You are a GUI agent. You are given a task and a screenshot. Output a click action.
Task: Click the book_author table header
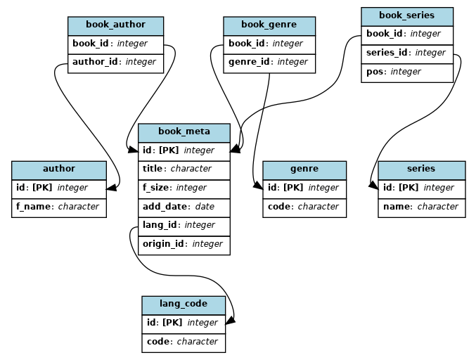115,25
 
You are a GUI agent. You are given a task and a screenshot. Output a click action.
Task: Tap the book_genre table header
269,25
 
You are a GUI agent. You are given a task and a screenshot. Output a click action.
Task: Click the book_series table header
406,15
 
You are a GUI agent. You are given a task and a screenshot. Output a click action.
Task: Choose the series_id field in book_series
406,53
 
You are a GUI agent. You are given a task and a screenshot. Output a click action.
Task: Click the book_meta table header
184,132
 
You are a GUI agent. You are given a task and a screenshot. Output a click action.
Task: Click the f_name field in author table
58,207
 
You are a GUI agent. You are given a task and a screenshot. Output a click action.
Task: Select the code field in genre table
304,207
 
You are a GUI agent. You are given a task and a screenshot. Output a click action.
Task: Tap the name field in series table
420,207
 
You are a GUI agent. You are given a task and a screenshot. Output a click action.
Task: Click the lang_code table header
184,304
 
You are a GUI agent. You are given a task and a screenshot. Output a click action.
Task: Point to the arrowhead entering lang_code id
230,321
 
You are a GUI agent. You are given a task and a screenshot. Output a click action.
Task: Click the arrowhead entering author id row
111,187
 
